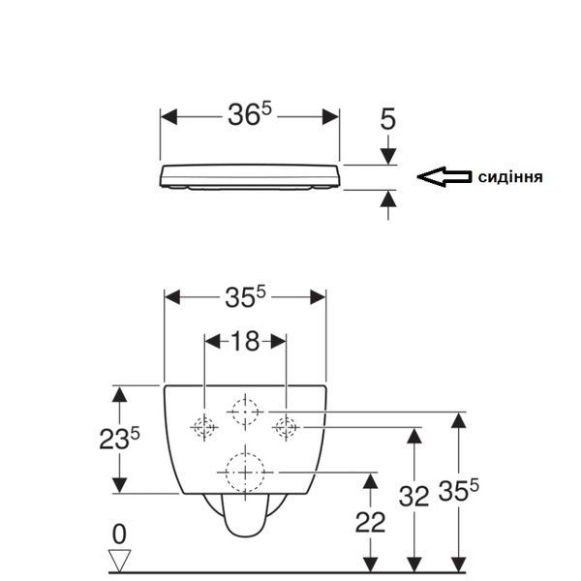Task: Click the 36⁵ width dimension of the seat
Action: [x=250, y=114]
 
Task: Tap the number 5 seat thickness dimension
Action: [x=388, y=119]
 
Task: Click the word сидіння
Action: [x=510, y=177]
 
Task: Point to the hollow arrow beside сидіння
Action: [x=444, y=177]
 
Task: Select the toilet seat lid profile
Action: [x=250, y=177]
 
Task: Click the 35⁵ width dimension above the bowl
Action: [x=245, y=297]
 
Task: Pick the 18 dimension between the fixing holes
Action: [x=245, y=341]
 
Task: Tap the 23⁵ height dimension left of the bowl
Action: [x=119, y=439]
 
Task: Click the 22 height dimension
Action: [x=370, y=523]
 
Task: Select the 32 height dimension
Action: [x=413, y=496]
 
